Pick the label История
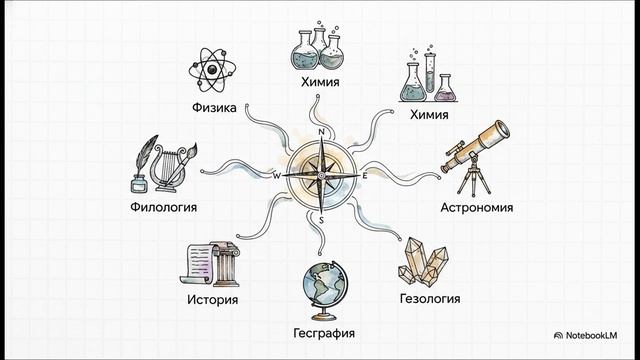211,298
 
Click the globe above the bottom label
320,286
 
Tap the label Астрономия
477,209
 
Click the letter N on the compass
321,132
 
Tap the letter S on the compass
320,219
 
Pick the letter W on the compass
277,175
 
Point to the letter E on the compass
365,176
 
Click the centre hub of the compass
320,175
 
